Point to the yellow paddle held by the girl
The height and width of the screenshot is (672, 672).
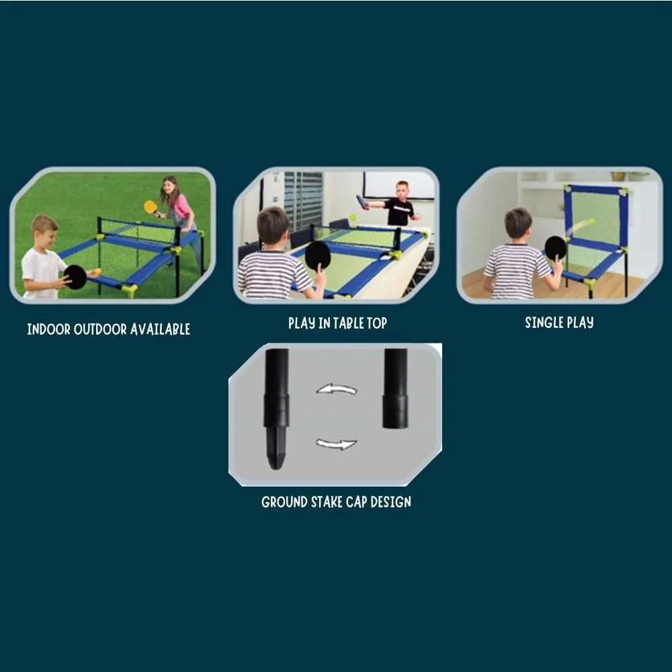coord(151,207)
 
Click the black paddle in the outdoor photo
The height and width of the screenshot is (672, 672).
coord(75,277)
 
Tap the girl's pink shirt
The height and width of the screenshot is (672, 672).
coord(180,206)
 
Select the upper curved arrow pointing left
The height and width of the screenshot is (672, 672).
coord(337,389)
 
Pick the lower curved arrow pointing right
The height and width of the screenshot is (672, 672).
coord(337,444)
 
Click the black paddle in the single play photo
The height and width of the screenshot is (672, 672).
coord(555,248)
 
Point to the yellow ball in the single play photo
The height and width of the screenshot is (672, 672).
coord(591,220)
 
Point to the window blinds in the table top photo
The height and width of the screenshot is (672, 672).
coord(302,198)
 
